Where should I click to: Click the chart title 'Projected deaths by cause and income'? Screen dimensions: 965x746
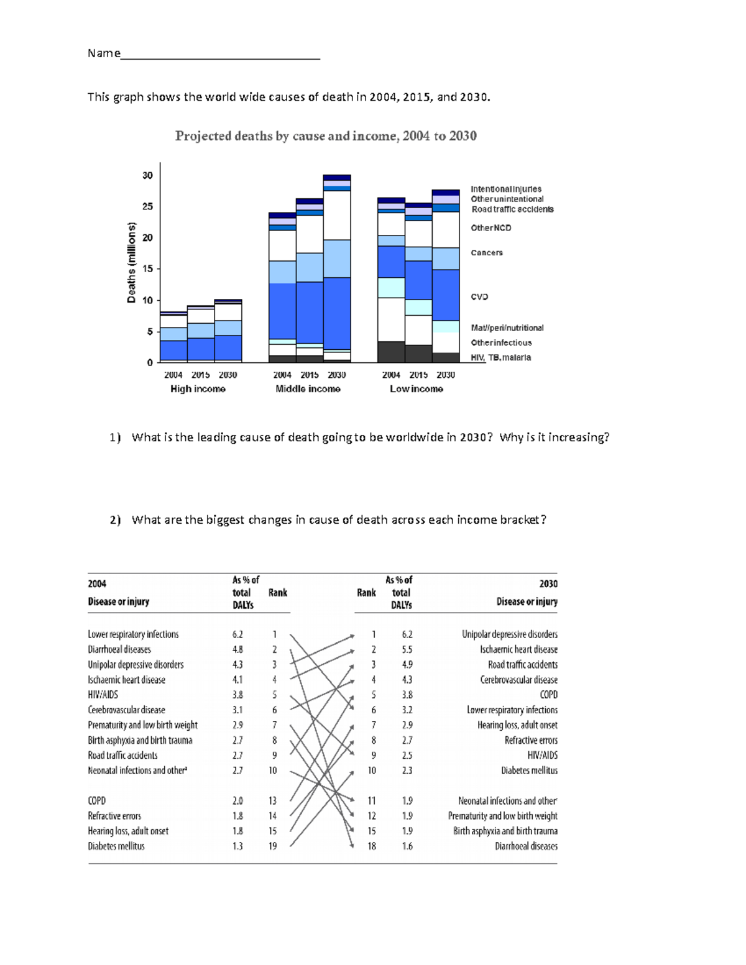click(325, 136)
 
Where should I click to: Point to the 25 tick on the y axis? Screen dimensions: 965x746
click(147, 206)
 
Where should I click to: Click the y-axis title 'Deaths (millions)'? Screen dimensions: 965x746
click(131, 262)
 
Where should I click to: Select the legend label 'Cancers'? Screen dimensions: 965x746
click(486, 253)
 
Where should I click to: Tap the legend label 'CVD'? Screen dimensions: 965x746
click(479, 297)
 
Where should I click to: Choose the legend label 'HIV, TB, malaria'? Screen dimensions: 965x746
click(500, 358)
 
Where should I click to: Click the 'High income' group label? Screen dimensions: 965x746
click(198, 389)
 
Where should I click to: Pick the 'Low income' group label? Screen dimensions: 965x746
click(416, 389)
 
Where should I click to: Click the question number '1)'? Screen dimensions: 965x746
click(115, 437)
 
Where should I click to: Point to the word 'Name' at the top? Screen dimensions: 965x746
click(104, 53)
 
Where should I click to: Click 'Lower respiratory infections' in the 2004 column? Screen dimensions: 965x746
click(133, 634)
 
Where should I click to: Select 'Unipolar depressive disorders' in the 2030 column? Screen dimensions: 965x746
click(509, 634)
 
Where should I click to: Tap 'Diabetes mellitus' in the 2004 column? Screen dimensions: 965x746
click(116, 846)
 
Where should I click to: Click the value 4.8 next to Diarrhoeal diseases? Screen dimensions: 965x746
click(237, 649)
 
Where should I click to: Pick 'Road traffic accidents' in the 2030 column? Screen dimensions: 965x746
click(522, 665)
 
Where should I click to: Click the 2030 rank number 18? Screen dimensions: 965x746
click(372, 846)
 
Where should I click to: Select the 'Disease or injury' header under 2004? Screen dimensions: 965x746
click(118, 601)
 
